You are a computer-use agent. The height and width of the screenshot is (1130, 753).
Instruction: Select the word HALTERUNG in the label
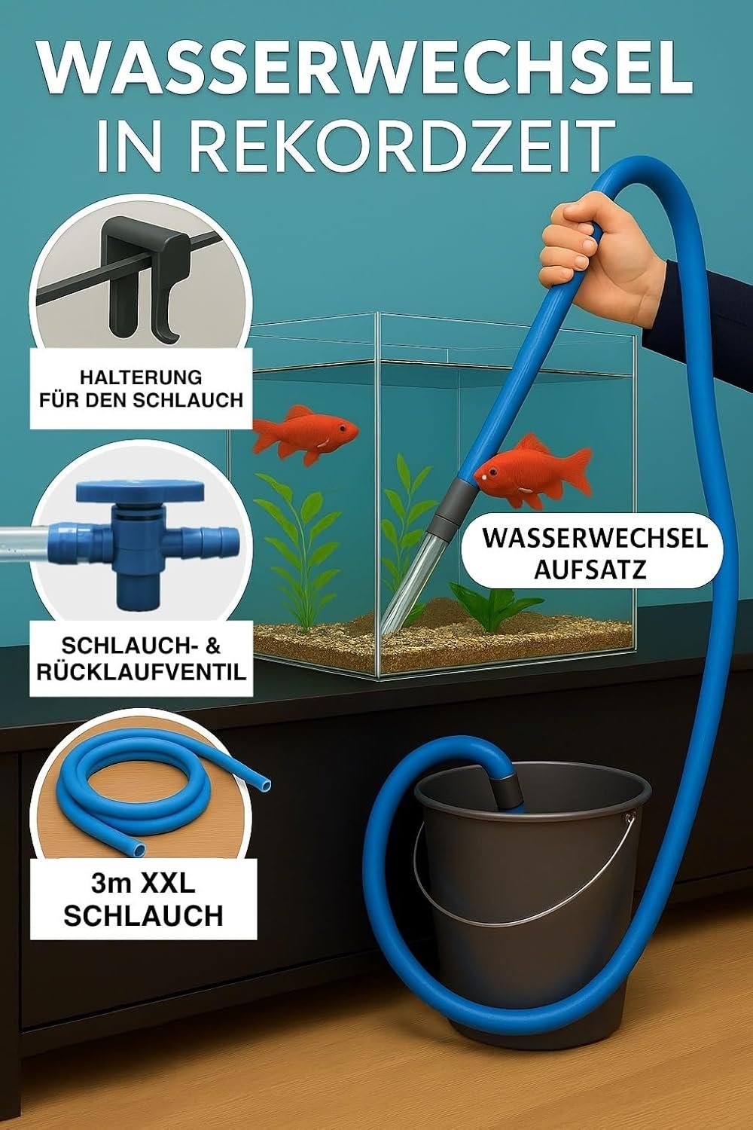[142, 377]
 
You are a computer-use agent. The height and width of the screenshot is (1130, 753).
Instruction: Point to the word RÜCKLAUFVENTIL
[142, 672]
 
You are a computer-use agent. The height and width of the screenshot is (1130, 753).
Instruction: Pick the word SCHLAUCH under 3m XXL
[144, 915]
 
